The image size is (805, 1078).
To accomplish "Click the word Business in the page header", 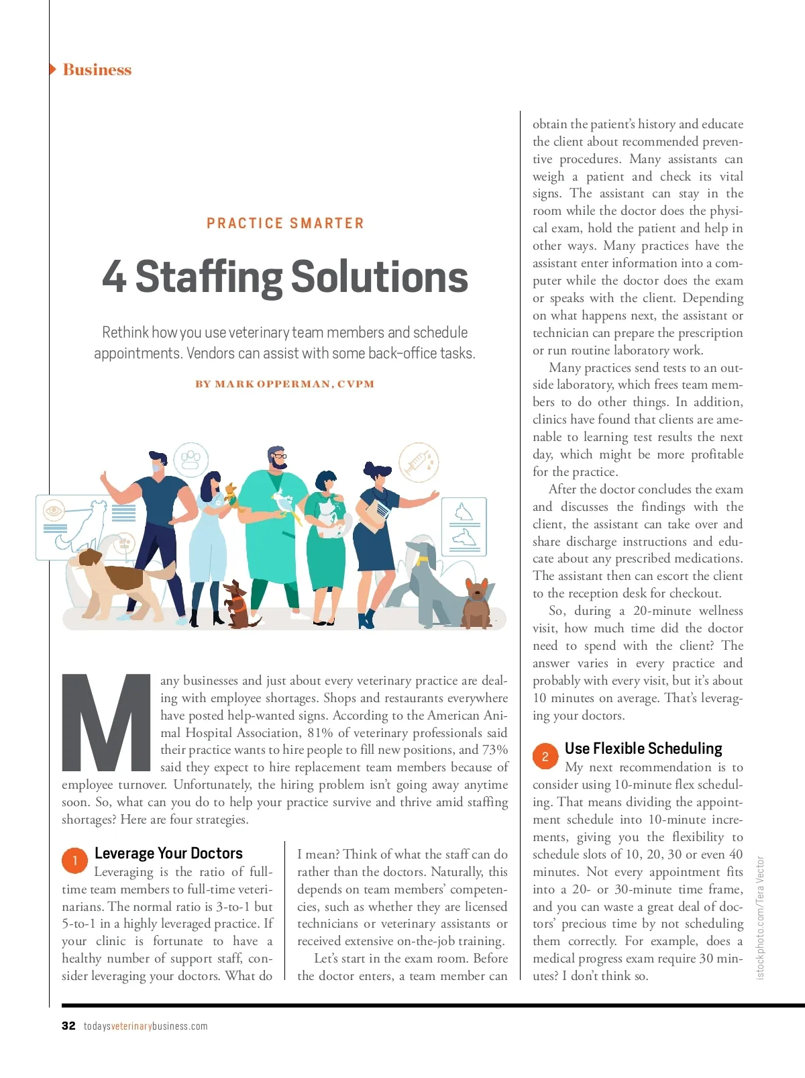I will (97, 70).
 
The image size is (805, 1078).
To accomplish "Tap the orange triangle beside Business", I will (52, 69).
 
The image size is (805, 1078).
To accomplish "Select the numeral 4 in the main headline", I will (114, 277).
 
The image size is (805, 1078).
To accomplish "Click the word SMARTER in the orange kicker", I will (327, 224).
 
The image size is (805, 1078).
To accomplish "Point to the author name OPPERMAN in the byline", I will (294, 385).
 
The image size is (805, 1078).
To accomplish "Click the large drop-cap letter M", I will (106, 722).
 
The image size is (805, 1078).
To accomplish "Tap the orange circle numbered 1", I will (74, 861).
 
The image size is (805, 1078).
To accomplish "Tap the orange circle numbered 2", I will (545, 756).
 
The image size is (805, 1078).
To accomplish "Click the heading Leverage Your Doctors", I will (168, 853).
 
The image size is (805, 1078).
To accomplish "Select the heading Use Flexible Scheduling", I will (643, 748).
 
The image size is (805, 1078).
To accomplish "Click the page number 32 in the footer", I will (68, 1026).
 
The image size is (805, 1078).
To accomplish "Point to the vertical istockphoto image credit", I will (760, 917).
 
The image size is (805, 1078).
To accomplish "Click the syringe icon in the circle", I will (418, 462).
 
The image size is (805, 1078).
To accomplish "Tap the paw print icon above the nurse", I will (191, 459).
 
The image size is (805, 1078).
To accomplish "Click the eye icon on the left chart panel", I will (53, 511).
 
